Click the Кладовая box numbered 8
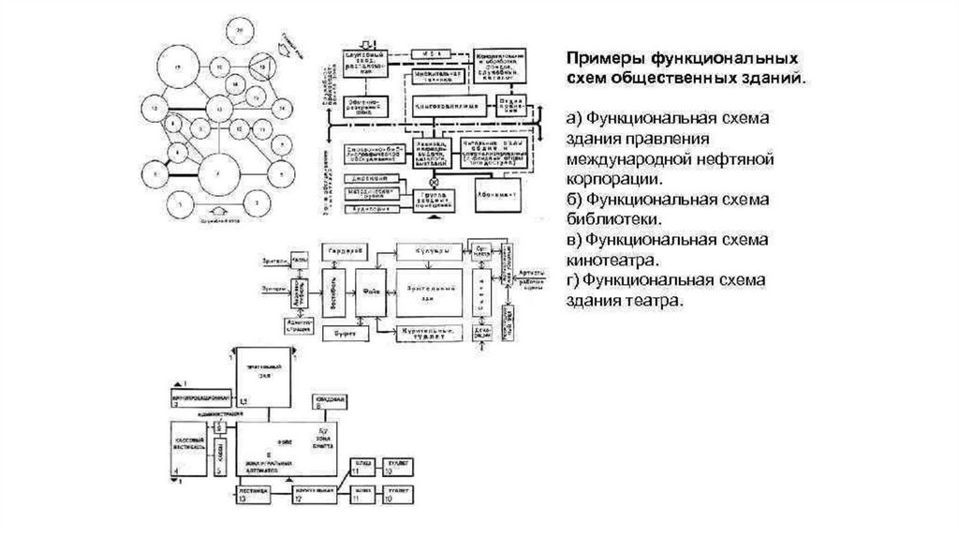click(332, 403)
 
